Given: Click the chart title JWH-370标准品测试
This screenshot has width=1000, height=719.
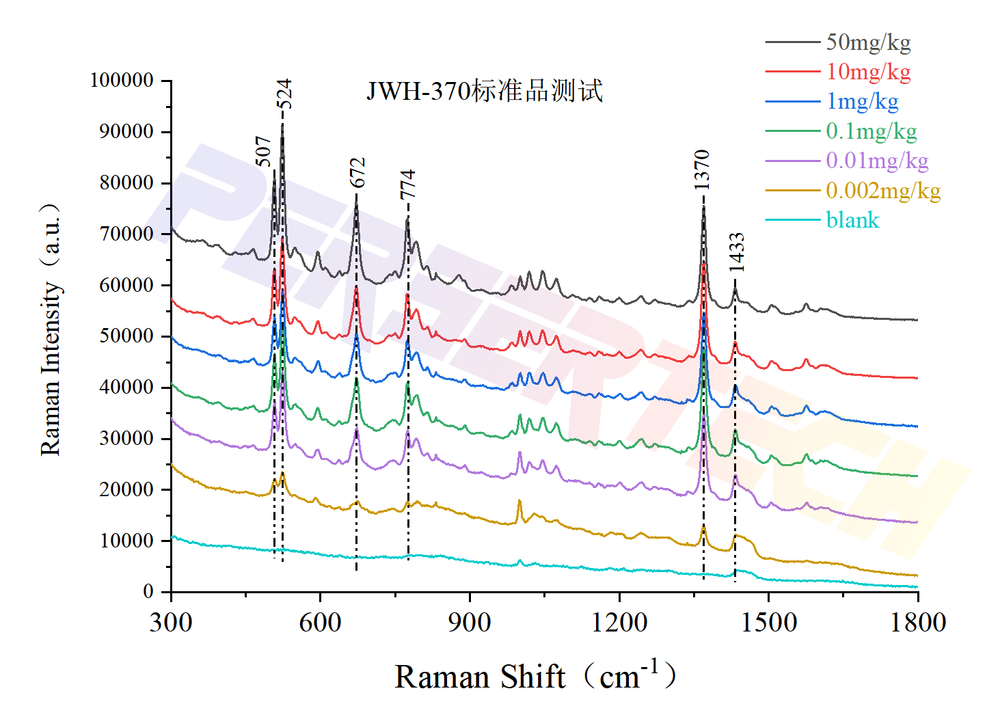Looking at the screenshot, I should (485, 91).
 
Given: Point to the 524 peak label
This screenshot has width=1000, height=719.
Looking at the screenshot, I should (284, 94).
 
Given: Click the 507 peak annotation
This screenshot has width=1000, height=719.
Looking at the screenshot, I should (264, 151).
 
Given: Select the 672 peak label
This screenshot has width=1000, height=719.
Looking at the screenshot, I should (358, 172).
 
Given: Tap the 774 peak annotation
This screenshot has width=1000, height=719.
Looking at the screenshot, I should (408, 185).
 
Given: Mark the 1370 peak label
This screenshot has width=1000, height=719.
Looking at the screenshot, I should (702, 169).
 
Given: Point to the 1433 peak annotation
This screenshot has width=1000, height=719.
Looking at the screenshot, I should (736, 252).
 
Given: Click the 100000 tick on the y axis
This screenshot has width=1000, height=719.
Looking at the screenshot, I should (122, 81).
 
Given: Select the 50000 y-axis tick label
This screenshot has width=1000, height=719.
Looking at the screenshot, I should (126, 336).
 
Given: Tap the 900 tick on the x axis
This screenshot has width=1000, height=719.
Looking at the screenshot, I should (470, 623).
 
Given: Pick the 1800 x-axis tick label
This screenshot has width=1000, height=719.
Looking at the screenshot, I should (917, 623).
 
